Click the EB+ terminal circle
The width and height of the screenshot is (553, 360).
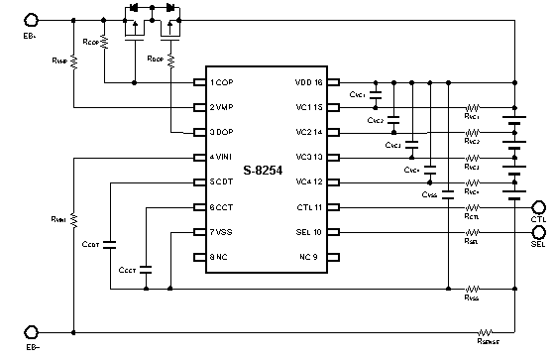pos(33,20)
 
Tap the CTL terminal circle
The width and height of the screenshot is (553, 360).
pos(539,207)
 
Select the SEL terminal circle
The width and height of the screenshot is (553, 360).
pos(539,233)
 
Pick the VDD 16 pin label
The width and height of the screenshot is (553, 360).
pos(310,81)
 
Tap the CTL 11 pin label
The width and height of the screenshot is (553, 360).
pos(311,207)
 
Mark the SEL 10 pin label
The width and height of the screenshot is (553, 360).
pos(311,233)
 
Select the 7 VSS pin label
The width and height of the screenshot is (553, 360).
pos(223,233)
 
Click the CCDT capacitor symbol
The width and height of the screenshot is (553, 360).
pos(109,242)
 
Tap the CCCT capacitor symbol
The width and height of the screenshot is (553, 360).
pos(147,268)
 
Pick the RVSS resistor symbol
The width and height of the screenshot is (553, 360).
pos(473,289)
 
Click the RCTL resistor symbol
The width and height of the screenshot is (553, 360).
pos(473,207)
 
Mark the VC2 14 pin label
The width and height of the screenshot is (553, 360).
pos(311,131)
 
